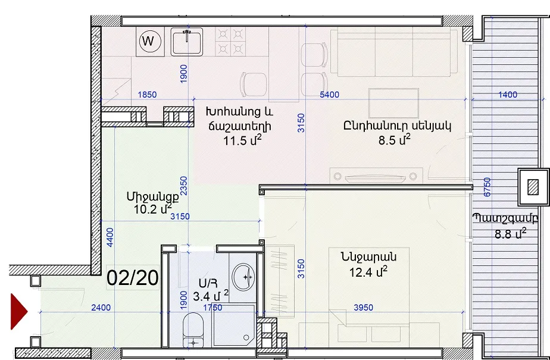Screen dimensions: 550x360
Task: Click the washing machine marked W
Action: tap(150, 42)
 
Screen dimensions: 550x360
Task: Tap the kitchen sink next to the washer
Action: tap(187, 42)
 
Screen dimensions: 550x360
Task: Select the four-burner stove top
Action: tap(230, 42)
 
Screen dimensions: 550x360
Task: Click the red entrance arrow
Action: tap(19, 311)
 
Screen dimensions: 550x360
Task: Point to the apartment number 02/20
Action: tap(133, 278)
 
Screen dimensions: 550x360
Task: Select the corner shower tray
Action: tap(233, 326)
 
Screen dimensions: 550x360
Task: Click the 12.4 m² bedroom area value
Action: tap(368, 272)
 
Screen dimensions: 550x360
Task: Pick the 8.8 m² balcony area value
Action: tap(510, 233)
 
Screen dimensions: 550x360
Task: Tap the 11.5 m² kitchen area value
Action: tap(242, 140)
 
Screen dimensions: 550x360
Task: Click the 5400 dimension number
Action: tap(330, 95)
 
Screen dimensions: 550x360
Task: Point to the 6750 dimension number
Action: tap(487, 187)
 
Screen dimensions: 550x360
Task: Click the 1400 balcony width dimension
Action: tap(508, 95)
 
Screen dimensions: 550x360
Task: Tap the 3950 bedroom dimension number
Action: tap(363, 308)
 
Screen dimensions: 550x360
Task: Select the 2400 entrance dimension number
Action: tap(101, 308)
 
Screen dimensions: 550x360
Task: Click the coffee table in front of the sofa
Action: tap(393, 103)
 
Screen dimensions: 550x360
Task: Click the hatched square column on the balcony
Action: tap(533, 187)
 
